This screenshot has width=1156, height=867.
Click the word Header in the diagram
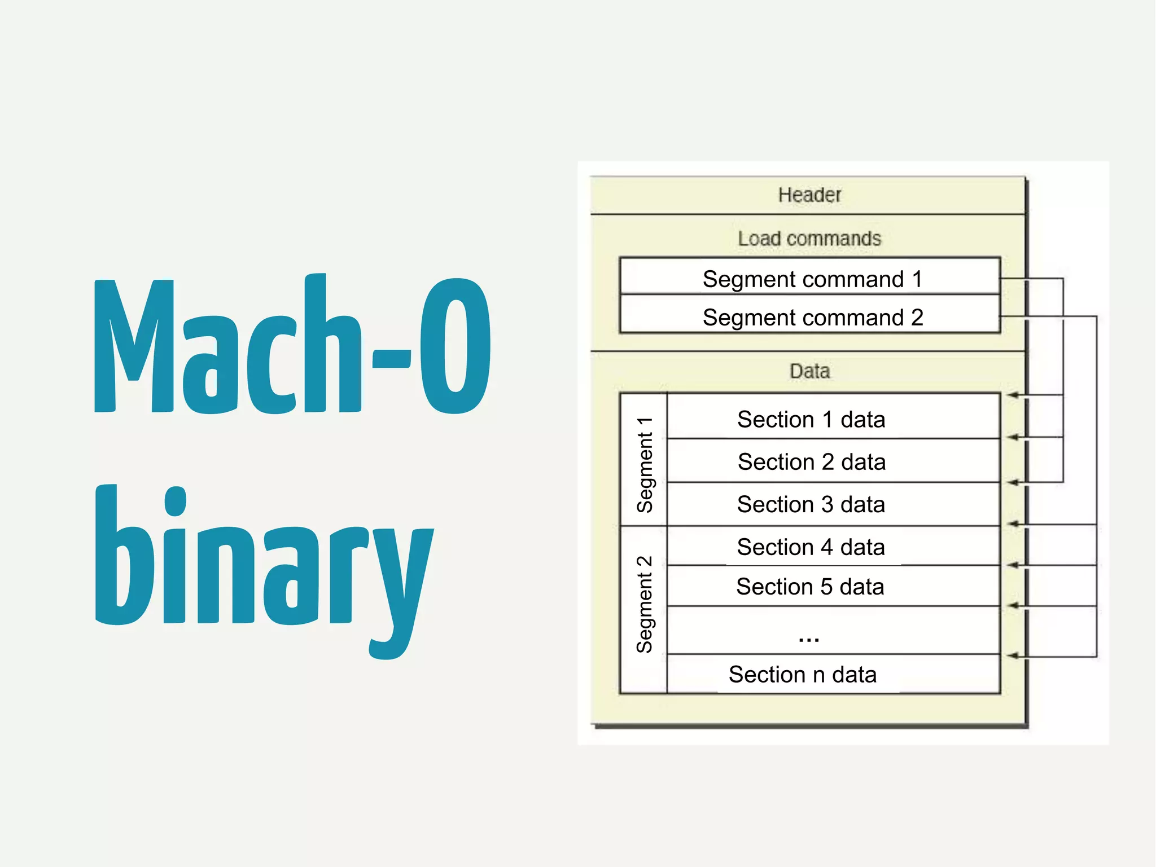tap(809, 195)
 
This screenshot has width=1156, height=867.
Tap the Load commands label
tap(809, 239)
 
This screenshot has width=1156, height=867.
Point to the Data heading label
tap(809, 371)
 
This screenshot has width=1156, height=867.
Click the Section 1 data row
tap(811, 419)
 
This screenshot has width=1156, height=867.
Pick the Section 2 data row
tap(811, 461)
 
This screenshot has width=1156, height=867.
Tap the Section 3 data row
tap(811, 504)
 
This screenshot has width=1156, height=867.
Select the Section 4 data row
tap(811, 547)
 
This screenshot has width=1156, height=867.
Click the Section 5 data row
tap(811, 587)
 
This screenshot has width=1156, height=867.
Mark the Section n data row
tap(803, 674)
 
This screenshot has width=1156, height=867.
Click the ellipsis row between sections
tap(809, 635)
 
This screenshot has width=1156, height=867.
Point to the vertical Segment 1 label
tap(645, 465)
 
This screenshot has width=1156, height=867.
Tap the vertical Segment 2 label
tap(645, 604)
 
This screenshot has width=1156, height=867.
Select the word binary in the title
tap(264, 570)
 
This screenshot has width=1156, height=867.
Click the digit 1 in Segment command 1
tap(917, 279)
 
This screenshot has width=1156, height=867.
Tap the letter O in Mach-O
tap(455, 345)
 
